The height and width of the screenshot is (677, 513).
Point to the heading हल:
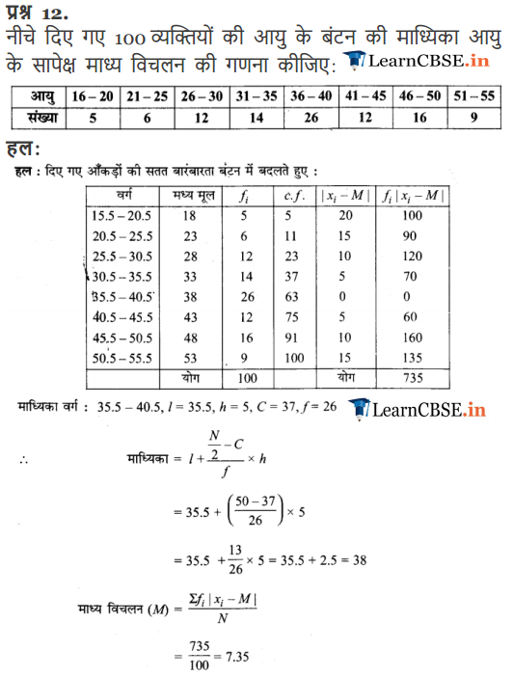tap(22, 149)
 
